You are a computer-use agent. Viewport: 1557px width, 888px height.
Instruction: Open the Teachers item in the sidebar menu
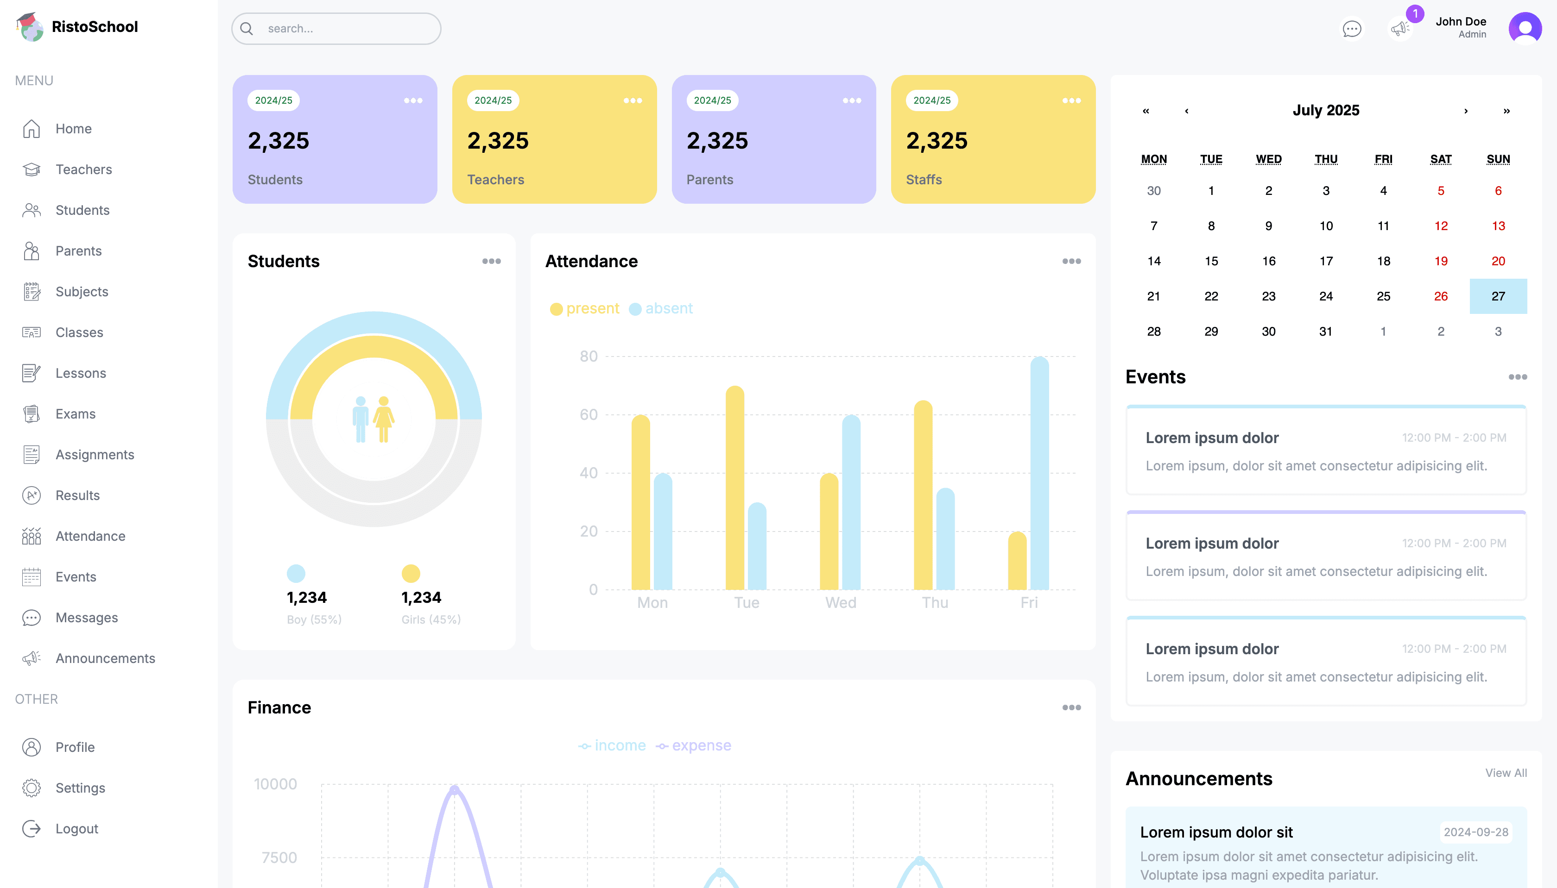click(x=83, y=169)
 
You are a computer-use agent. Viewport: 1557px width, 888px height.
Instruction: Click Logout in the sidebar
click(x=76, y=828)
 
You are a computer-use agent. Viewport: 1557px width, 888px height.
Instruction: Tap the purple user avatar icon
click(x=1524, y=29)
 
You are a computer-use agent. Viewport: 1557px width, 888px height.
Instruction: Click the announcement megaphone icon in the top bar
click(x=1399, y=29)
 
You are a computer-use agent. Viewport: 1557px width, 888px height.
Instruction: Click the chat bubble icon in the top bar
click(x=1351, y=29)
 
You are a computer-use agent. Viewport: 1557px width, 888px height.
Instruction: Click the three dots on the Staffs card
click(x=1071, y=100)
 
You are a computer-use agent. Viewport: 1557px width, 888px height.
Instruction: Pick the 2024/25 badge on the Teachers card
click(x=493, y=100)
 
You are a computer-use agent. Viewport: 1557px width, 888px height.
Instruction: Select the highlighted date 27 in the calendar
click(x=1498, y=296)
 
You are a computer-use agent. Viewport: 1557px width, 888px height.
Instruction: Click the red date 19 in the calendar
click(x=1440, y=261)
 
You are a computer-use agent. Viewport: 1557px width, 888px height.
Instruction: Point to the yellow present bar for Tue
click(x=734, y=488)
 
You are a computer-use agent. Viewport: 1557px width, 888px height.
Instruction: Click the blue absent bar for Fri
click(x=1039, y=476)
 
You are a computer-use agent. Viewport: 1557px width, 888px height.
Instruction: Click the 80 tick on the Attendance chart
click(x=589, y=356)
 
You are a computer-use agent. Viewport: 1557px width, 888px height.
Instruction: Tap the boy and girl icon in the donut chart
click(x=373, y=419)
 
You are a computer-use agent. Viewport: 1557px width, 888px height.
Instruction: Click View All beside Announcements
click(x=1505, y=773)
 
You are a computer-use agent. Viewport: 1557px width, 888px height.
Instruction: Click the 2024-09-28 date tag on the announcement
click(x=1475, y=832)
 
